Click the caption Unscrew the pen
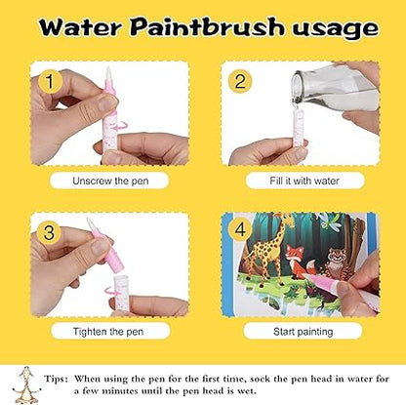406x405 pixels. point(108,181)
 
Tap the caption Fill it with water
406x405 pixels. point(300,181)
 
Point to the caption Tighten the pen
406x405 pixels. point(108,331)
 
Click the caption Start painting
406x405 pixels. point(300,331)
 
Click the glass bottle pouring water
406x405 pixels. point(342,93)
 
